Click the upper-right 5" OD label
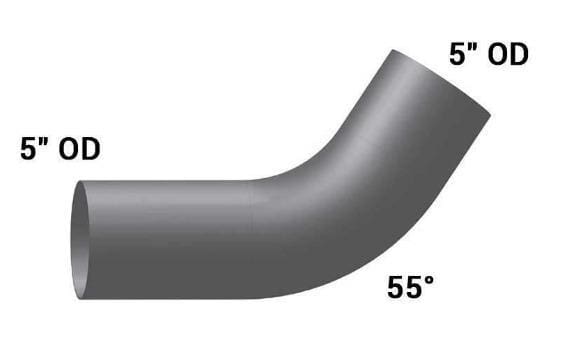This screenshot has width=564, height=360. click(x=489, y=54)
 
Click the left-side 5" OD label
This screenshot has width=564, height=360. click(x=60, y=149)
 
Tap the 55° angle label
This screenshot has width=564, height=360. click(x=410, y=287)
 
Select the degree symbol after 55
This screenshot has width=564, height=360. click(x=428, y=281)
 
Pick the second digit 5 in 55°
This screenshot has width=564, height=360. click(x=413, y=287)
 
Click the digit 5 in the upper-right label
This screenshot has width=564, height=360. click(x=457, y=55)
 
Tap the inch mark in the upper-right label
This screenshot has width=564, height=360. click(x=473, y=48)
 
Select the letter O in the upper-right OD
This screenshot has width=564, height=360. click(x=498, y=55)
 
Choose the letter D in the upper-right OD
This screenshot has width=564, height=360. click(x=520, y=55)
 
